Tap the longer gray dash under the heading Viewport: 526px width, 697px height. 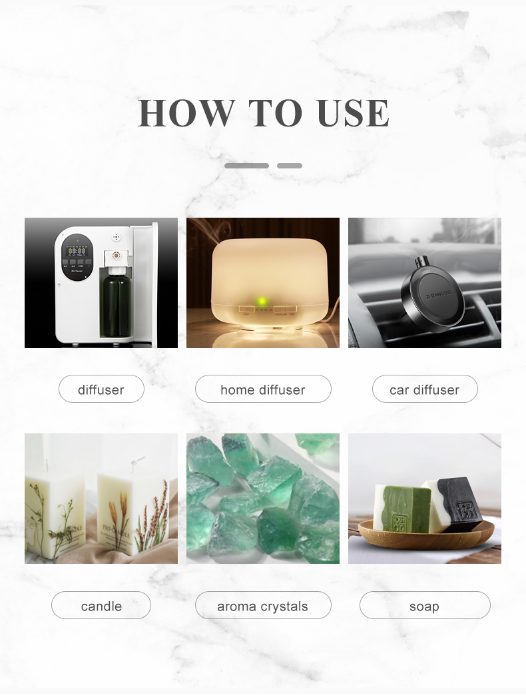246,166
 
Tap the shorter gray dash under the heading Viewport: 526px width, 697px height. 290,166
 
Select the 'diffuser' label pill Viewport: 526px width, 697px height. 101,389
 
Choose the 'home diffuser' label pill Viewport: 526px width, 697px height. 263,389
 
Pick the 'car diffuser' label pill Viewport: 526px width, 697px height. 425,389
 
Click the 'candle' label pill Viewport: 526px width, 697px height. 101,606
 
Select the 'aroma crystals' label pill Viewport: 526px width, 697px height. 263,606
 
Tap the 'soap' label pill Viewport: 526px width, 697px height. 425,606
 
